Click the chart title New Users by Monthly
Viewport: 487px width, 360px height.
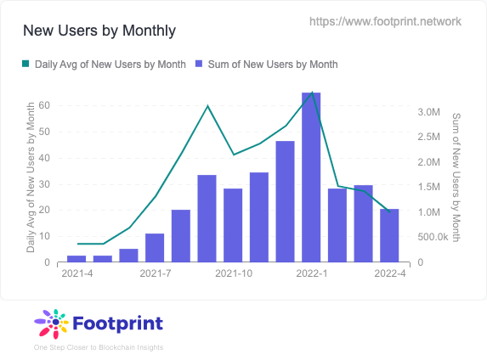[x=99, y=31]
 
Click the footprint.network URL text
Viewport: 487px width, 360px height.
[x=386, y=21]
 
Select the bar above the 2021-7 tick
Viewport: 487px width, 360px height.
[x=155, y=247]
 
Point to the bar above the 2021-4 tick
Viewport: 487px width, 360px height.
[x=76, y=258]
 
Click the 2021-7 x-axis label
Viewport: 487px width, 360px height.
[x=155, y=273]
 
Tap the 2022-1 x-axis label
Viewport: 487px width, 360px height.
[x=311, y=273]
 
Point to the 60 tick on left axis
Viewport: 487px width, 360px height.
[x=44, y=105]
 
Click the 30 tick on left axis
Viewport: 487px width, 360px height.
[x=44, y=183]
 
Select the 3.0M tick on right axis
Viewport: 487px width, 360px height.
[x=428, y=112]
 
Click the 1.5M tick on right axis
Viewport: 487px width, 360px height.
[x=428, y=187]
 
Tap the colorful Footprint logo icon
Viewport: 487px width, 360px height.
[x=51, y=323]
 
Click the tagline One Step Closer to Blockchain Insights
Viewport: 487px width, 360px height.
[x=98, y=347]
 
